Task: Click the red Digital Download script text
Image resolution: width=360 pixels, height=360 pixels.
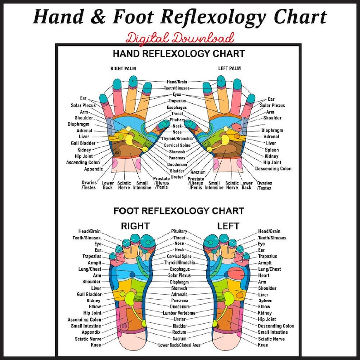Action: coord(180,37)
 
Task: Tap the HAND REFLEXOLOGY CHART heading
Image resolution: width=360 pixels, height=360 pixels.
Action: coord(178,54)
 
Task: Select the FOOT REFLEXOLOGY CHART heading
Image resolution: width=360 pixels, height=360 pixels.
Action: coord(178,211)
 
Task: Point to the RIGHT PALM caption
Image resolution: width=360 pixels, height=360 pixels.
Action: coord(123,68)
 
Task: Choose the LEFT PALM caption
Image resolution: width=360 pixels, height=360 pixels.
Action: coord(229,68)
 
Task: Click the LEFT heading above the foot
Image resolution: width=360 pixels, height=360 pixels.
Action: coord(228,225)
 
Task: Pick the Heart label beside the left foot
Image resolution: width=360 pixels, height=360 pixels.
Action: coord(263,275)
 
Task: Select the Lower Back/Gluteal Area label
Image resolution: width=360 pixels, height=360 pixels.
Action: coord(179,345)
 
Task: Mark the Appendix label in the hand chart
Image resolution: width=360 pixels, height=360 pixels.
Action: coord(93,169)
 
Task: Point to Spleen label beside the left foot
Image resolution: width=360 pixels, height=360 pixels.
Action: coord(265,301)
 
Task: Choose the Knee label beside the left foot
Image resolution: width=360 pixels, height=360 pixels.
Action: coord(263,345)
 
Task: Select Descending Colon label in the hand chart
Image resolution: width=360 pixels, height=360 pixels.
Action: coord(273,169)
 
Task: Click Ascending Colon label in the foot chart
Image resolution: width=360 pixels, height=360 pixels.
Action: coord(84,319)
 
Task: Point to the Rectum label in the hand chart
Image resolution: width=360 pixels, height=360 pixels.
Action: coord(198,173)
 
